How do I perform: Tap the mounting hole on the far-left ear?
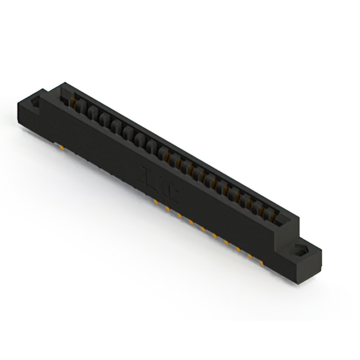pyautogui.click(x=36, y=103)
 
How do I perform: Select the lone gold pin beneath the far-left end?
pyautogui.click(x=60, y=146)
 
